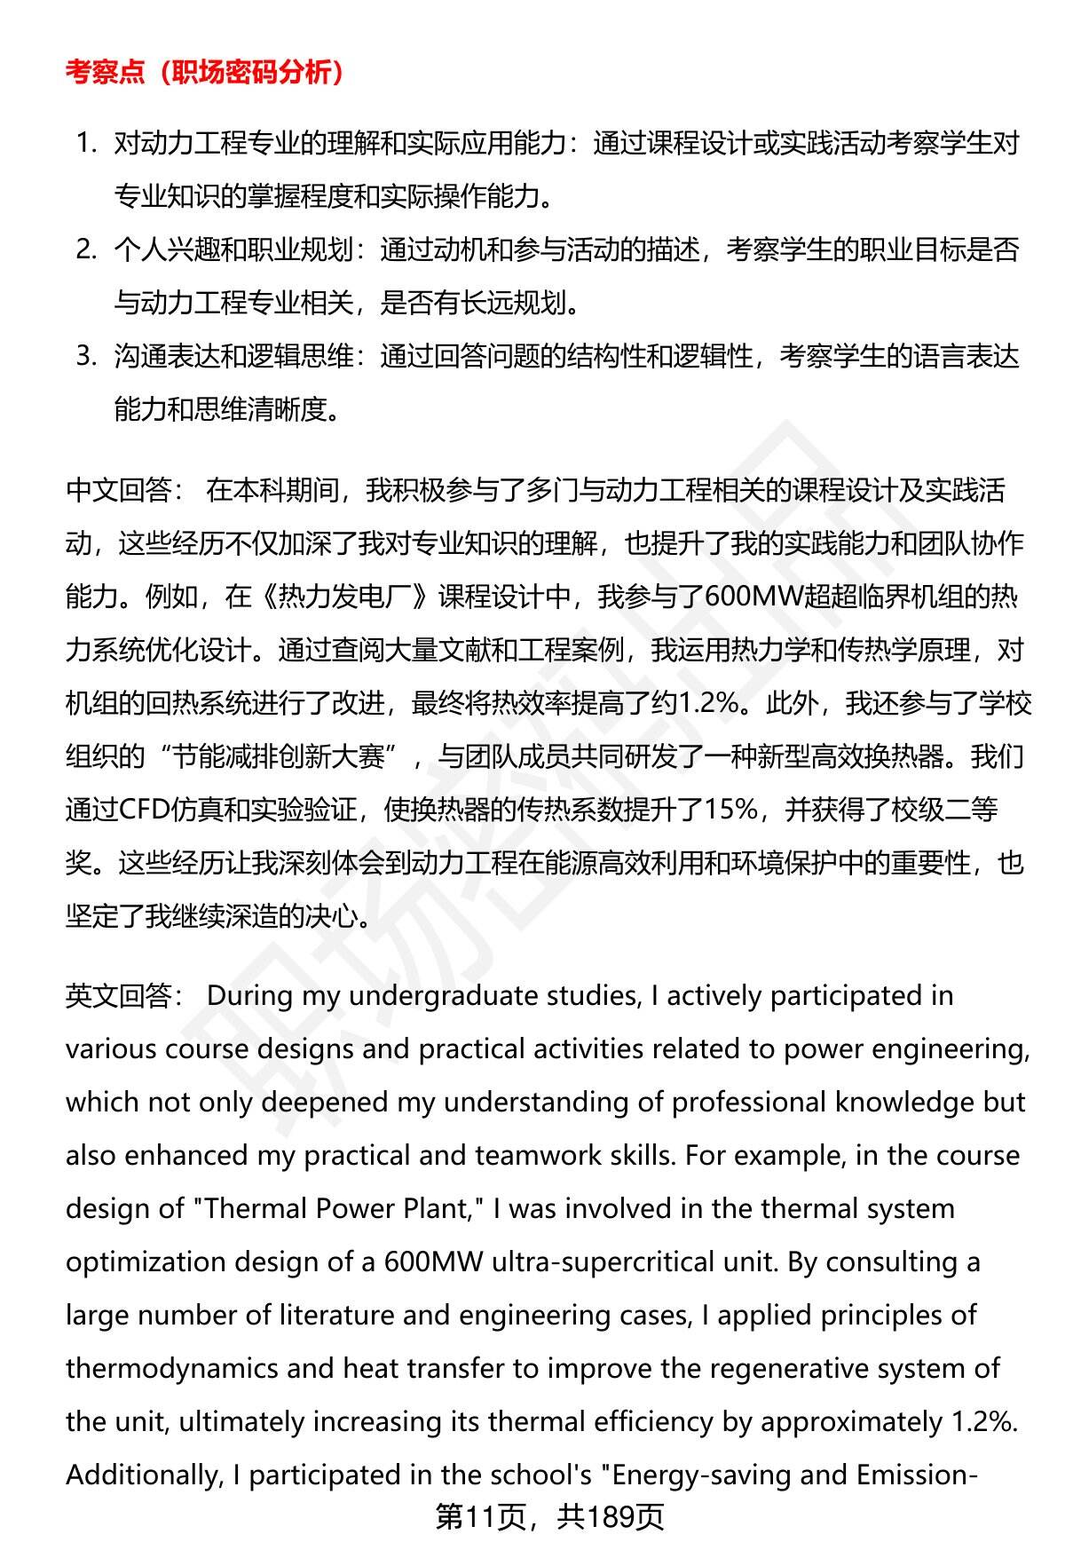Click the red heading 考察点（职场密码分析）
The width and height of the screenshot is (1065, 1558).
(x=205, y=73)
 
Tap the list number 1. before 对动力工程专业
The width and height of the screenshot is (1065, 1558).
(x=86, y=142)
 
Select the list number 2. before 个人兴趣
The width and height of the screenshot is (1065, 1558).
(x=86, y=249)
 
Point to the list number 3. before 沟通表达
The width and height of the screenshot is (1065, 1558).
(x=86, y=356)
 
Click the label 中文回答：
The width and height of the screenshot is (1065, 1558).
(x=124, y=490)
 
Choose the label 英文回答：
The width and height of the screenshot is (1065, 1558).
(x=124, y=996)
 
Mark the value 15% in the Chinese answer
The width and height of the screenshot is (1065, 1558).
(x=731, y=810)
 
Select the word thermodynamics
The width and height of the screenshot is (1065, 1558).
(x=172, y=1369)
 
